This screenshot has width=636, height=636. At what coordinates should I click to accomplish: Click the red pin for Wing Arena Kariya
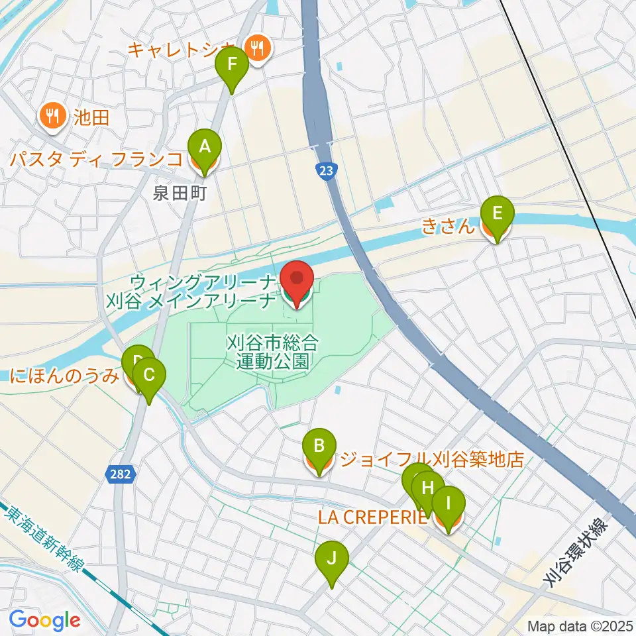297,281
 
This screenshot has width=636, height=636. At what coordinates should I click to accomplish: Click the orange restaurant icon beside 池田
51,117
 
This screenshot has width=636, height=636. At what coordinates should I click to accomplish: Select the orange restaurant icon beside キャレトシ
254,47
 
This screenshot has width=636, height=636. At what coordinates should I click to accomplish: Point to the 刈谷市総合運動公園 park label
272,352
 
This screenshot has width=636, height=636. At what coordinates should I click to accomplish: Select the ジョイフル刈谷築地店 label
431,459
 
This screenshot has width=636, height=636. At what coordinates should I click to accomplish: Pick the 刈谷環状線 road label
575,553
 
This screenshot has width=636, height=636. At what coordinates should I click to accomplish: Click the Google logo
44,620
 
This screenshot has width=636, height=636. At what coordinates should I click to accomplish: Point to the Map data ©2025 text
580,625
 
